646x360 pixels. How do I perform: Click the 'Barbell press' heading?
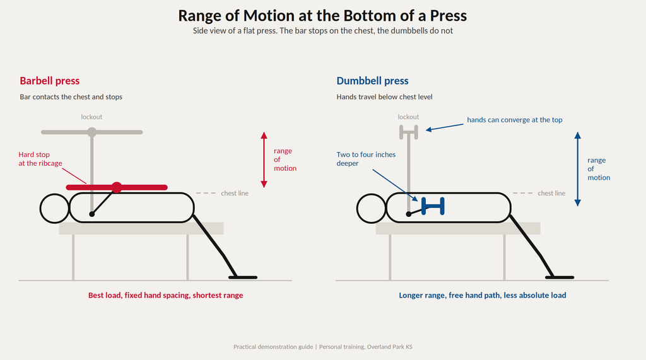click(x=49, y=81)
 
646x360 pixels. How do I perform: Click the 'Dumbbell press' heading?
click(x=372, y=81)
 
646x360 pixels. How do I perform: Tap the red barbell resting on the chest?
click(x=117, y=187)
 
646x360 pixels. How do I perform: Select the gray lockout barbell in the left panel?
click(x=92, y=132)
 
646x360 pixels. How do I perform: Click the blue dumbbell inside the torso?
click(x=433, y=206)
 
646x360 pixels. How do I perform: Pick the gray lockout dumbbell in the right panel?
click(x=409, y=132)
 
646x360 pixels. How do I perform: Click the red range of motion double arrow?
click(x=264, y=160)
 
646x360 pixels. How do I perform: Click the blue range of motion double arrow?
click(x=578, y=169)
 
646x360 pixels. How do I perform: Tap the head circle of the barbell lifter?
click(x=54, y=209)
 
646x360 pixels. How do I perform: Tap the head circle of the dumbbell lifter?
click(x=371, y=209)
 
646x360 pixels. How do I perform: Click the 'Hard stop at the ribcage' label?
click(x=40, y=159)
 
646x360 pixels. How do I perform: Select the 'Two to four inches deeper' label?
click(x=366, y=159)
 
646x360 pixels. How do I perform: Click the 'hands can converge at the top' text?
click(x=515, y=120)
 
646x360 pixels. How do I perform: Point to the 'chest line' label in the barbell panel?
click(x=235, y=193)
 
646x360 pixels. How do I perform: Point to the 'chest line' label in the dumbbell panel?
click(x=551, y=193)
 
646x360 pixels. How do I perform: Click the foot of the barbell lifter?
click(x=243, y=277)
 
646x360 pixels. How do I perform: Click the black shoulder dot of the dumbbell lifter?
click(x=409, y=214)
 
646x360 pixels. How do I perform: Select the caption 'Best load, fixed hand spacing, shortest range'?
click(x=166, y=295)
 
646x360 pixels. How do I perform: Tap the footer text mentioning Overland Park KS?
click(x=366, y=347)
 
